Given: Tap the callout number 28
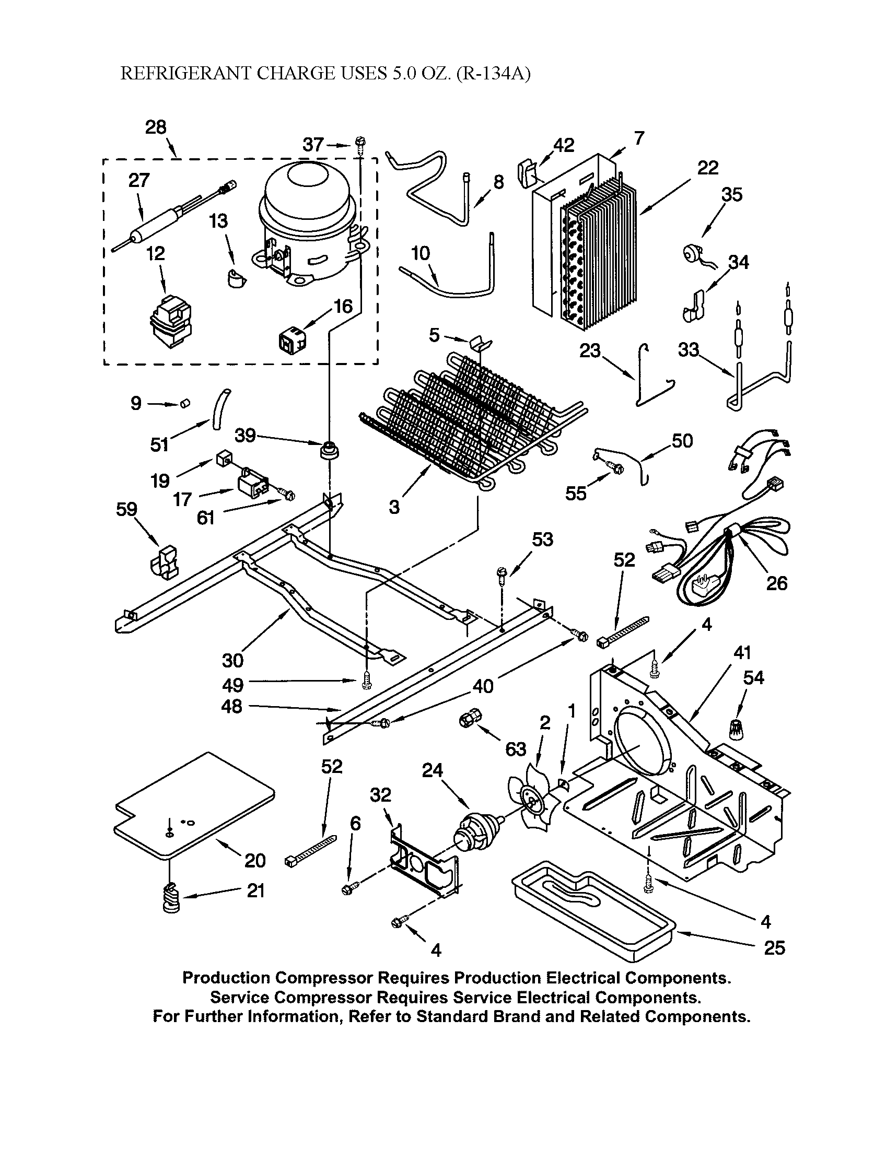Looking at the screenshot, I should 156,127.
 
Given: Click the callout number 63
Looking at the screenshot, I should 515,749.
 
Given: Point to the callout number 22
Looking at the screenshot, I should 708,168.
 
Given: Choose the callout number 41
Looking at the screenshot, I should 742,653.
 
